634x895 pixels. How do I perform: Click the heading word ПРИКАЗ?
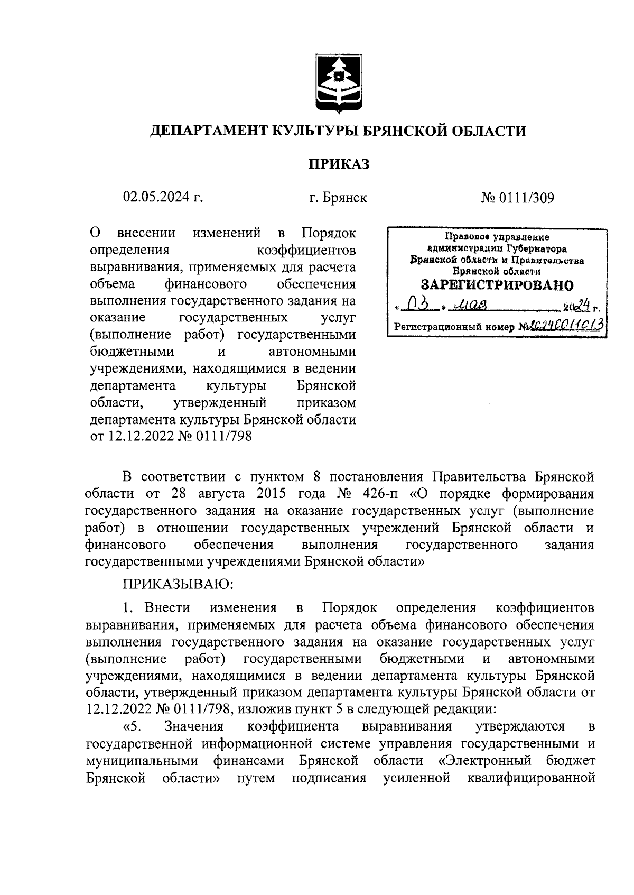tap(339, 164)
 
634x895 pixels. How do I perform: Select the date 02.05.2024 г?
tap(163, 198)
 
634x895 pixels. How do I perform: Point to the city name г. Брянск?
tap(338, 198)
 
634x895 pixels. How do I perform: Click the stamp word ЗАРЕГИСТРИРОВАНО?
tap(497, 286)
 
